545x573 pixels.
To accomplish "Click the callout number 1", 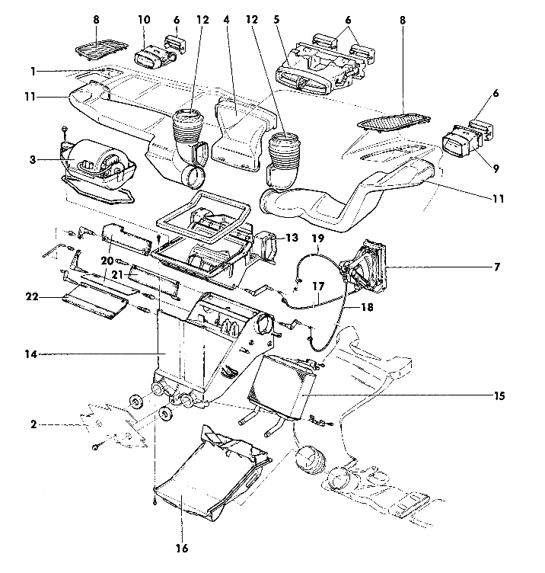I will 33,71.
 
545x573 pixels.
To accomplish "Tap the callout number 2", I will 33,423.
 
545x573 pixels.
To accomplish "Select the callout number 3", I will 33,159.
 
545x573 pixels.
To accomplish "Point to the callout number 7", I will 497,267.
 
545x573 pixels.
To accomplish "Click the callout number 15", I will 499,396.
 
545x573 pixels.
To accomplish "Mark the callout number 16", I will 181,547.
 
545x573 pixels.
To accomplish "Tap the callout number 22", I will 33,296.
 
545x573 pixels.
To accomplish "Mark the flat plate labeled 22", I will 93,303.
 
